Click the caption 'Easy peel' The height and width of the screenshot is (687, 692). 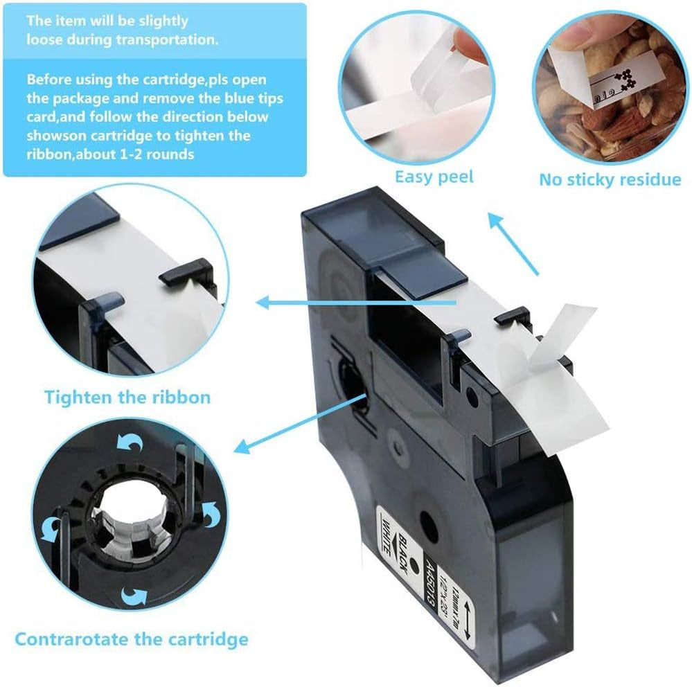tap(434, 177)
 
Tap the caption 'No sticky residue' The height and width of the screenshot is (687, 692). tap(610, 180)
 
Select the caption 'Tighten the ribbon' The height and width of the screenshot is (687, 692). tap(127, 398)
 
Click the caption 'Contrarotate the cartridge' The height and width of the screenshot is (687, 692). tap(131, 639)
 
